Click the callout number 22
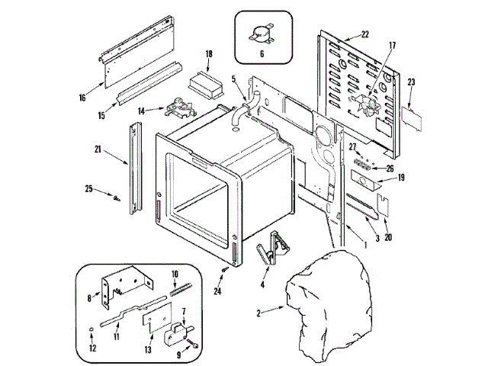(x=364, y=35)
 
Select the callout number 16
(x=82, y=98)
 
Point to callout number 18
(x=209, y=54)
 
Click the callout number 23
(x=411, y=82)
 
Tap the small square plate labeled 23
(x=413, y=114)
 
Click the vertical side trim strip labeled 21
(x=136, y=172)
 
